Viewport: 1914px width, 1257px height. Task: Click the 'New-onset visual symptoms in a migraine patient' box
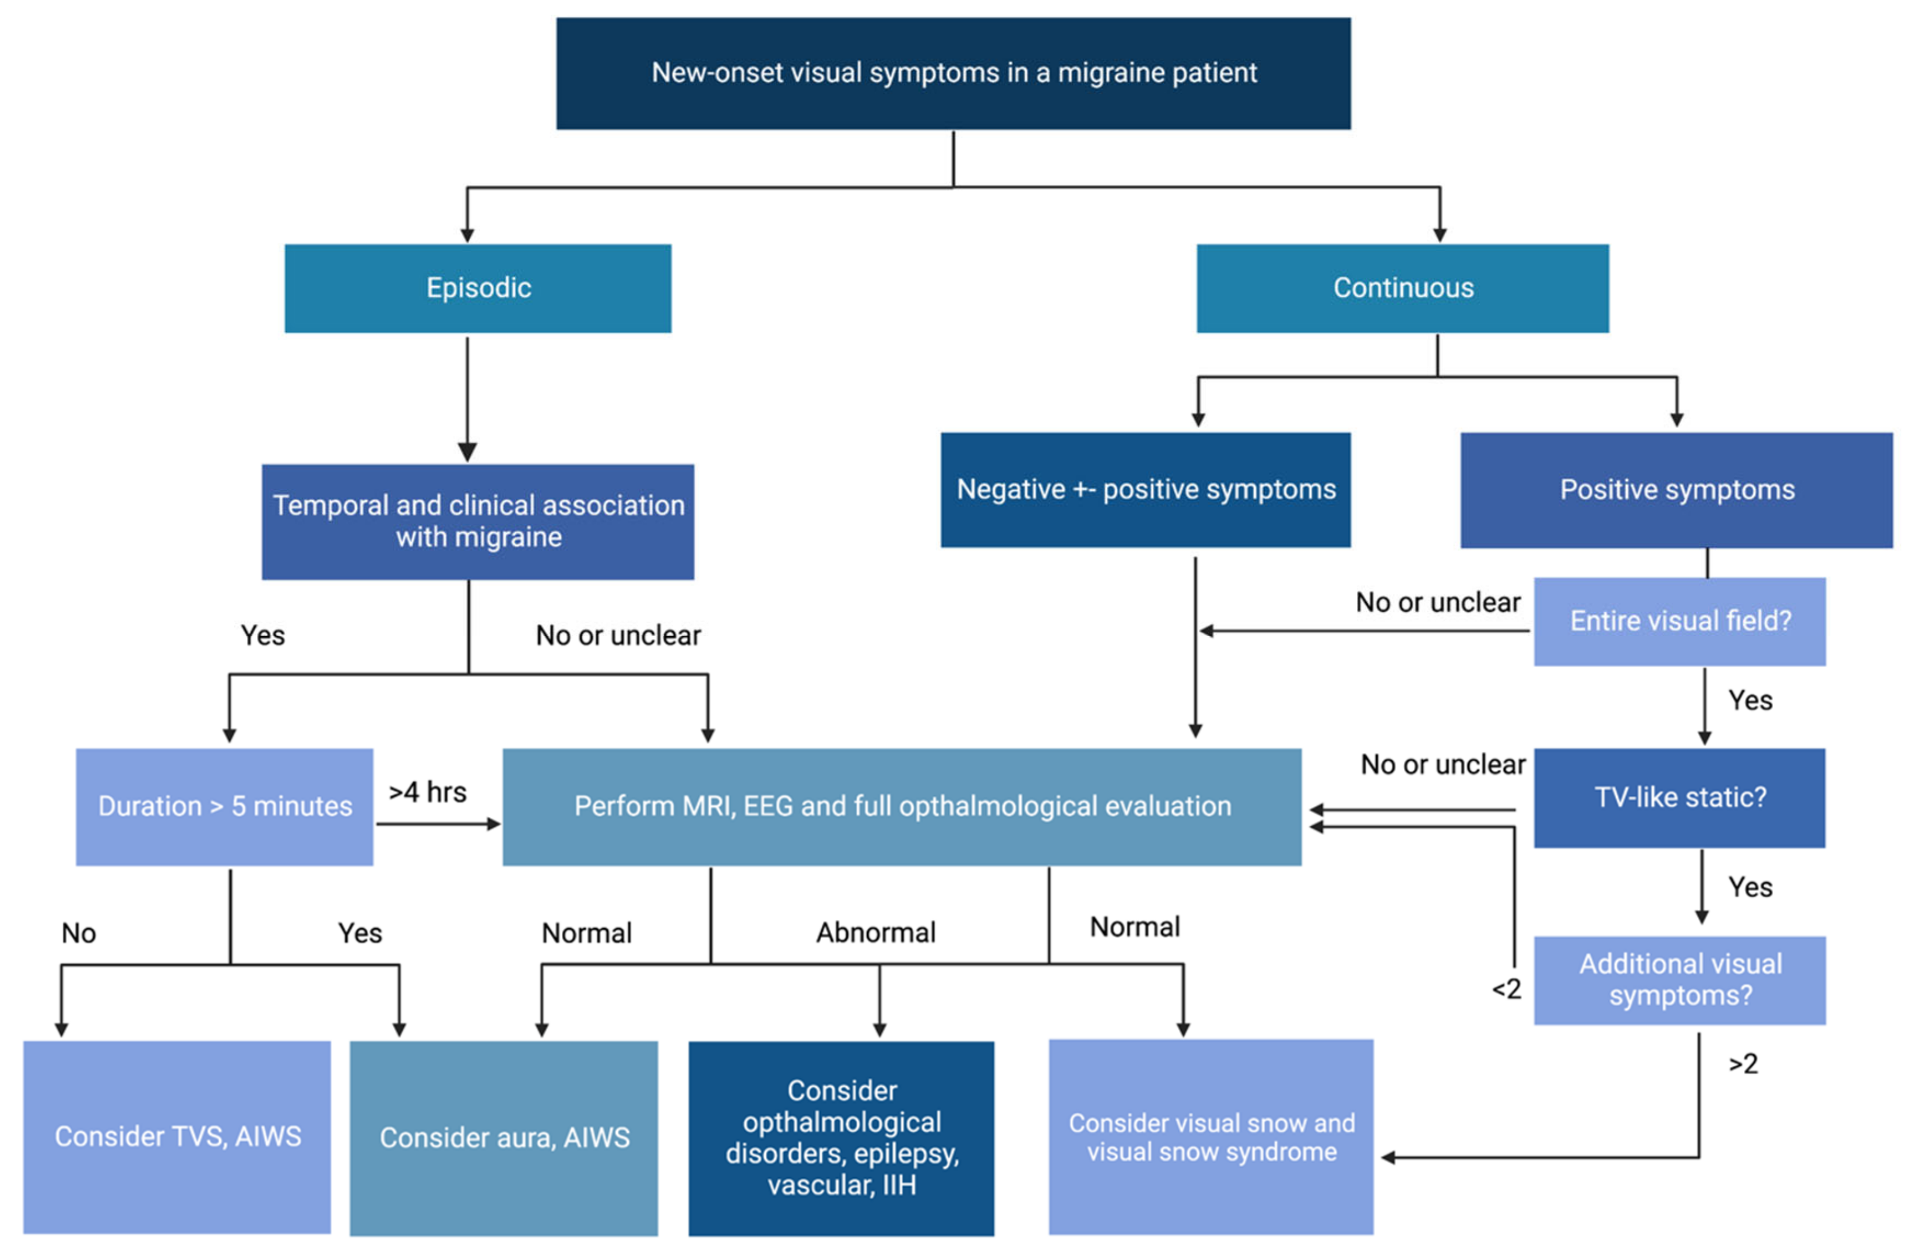click(x=953, y=73)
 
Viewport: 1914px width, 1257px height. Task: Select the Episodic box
click(x=478, y=288)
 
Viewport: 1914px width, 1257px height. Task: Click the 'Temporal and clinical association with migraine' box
click(x=478, y=521)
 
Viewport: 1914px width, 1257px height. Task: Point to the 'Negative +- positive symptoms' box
click(x=1145, y=490)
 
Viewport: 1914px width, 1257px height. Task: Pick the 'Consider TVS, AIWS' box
click(x=177, y=1136)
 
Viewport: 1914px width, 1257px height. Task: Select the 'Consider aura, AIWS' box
click(x=504, y=1137)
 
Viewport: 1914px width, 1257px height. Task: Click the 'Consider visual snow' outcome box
click(x=1211, y=1136)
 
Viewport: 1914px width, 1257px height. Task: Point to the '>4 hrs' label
click(x=427, y=792)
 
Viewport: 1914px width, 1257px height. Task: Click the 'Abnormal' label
click(x=876, y=933)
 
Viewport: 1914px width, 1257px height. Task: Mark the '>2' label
click(x=1743, y=1064)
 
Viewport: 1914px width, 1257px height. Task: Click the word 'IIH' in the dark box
click(x=898, y=1185)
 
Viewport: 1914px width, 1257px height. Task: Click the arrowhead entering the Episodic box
click(x=467, y=235)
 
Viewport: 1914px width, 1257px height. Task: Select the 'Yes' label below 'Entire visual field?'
click(x=1750, y=700)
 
